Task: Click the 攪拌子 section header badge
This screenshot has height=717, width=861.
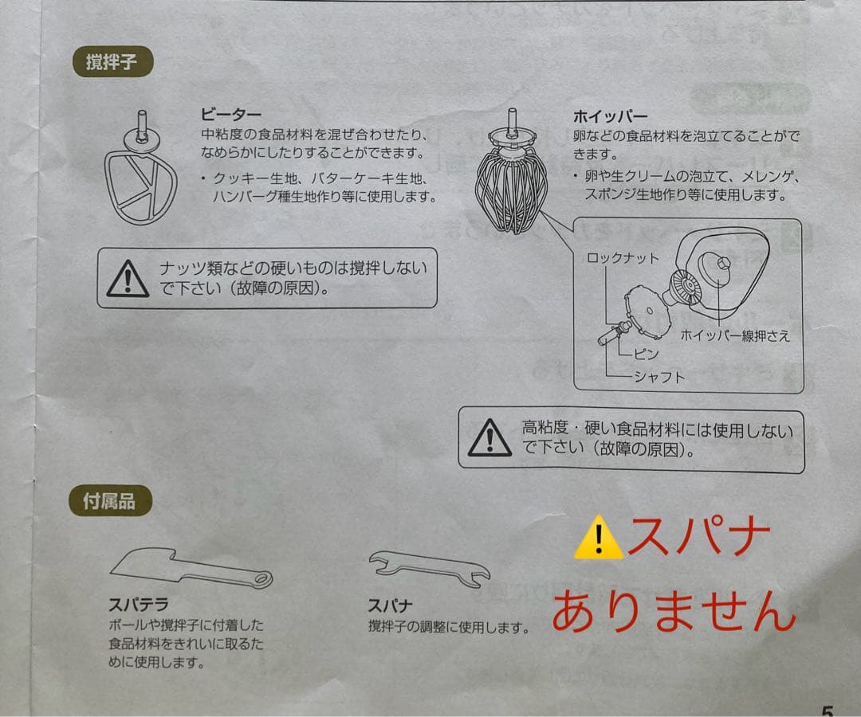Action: click(x=112, y=61)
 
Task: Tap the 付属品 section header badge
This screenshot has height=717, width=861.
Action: click(x=110, y=500)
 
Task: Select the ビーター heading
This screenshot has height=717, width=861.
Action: click(x=231, y=115)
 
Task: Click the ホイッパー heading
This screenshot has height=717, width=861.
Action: click(x=610, y=116)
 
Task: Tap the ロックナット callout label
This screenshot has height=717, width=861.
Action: click(x=623, y=258)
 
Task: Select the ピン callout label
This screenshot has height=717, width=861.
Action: click(x=647, y=354)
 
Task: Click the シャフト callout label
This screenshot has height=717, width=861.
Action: click(x=659, y=377)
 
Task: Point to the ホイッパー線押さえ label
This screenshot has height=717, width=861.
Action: click(x=735, y=335)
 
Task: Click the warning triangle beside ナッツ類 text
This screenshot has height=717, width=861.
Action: click(x=128, y=279)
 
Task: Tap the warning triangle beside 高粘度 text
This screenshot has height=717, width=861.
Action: click(x=489, y=438)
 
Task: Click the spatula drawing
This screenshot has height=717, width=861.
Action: click(x=191, y=568)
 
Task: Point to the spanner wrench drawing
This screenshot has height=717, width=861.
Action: click(x=430, y=568)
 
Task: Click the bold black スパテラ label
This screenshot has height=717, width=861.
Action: click(x=139, y=605)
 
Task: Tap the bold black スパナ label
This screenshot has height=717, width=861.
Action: click(x=389, y=605)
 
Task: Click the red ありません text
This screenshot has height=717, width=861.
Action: click(x=673, y=610)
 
